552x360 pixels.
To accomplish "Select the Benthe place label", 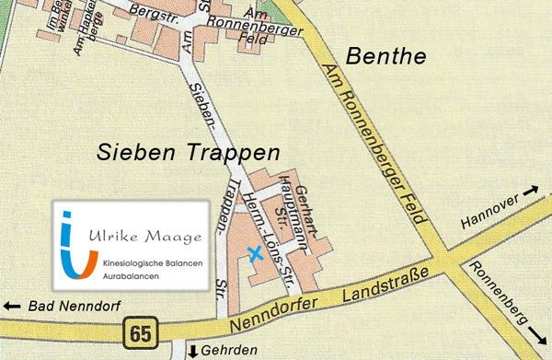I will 385,57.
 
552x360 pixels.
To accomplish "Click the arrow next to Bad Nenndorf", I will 13,306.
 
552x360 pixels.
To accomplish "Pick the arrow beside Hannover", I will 532,191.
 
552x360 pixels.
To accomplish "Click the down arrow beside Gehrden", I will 192,351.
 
